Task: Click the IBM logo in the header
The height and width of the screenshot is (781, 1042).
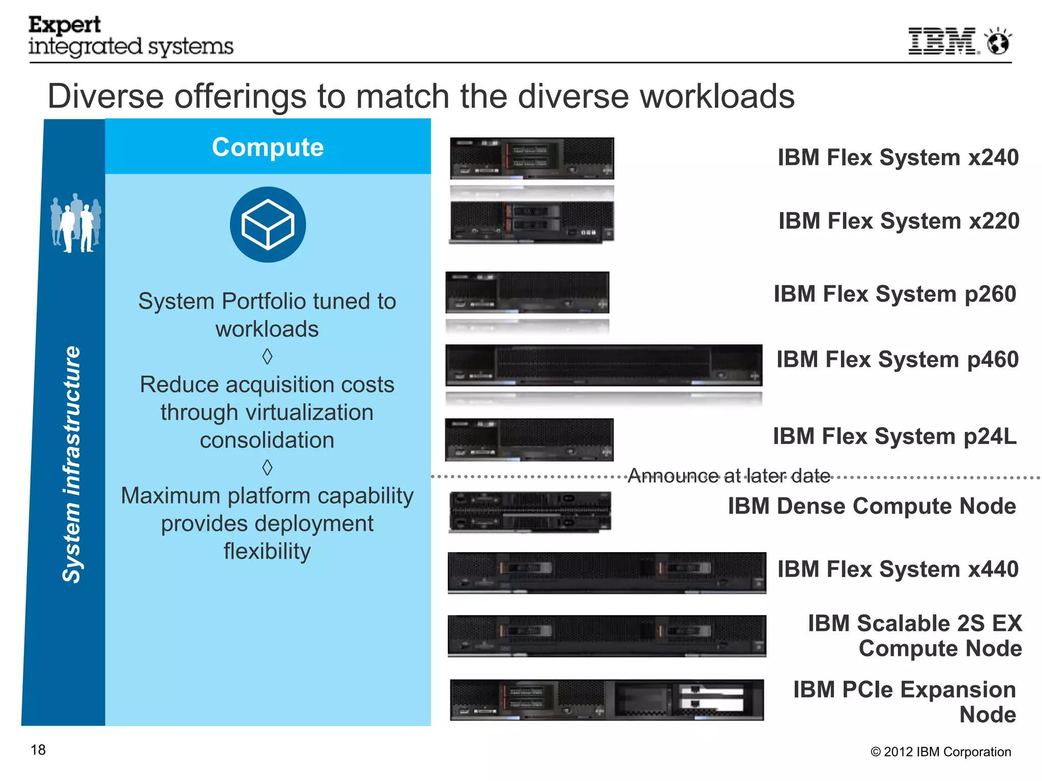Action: pyautogui.click(x=943, y=41)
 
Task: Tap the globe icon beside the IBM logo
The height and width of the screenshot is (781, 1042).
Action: pyautogui.click(x=998, y=42)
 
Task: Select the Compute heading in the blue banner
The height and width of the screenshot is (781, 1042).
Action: pyautogui.click(x=268, y=147)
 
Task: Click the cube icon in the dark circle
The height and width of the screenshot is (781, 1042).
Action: pyautogui.click(x=268, y=225)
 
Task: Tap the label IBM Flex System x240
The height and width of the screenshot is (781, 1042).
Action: pyautogui.click(x=898, y=158)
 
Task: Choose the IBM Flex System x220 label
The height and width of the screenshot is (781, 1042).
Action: pyautogui.click(x=899, y=221)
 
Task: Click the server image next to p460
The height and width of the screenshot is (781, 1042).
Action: pyautogui.click(x=603, y=366)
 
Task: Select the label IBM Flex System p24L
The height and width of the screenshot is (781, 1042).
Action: pyautogui.click(x=894, y=437)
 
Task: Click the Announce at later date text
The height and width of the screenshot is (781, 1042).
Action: pyautogui.click(x=729, y=476)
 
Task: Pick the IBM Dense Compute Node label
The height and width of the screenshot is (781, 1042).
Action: pyautogui.click(x=872, y=506)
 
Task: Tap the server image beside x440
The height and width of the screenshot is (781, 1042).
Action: pyautogui.click(x=606, y=573)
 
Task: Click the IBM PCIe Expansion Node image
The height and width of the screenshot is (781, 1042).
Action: pyautogui.click(x=606, y=700)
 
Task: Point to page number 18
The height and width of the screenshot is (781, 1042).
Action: pyautogui.click(x=38, y=750)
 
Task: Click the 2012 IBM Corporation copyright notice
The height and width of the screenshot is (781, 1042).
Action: pyautogui.click(x=940, y=752)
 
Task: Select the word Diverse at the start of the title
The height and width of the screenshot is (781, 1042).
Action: pyautogui.click(x=105, y=97)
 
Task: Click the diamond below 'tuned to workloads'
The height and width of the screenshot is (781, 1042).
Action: pyautogui.click(x=267, y=356)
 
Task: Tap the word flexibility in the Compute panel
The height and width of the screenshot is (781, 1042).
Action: pyautogui.click(x=267, y=552)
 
